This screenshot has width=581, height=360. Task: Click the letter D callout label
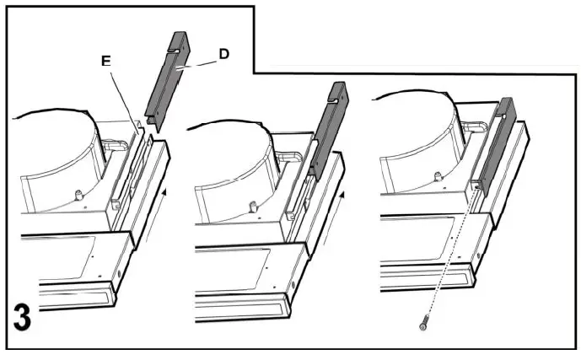point(223,55)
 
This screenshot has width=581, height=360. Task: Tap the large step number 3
point(23,320)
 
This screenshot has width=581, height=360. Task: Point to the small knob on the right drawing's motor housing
point(437,176)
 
